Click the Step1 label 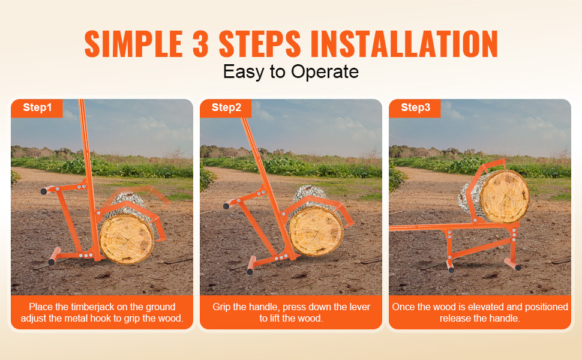pyautogui.click(x=37, y=107)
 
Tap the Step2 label pyautogui.click(x=226, y=107)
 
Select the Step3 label pyautogui.click(x=415, y=107)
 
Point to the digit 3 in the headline pyautogui.click(x=201, y=44)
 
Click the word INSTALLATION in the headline pyautogui.click(x=404, y=44)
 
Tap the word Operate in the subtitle pyautogui.click(x=325, y=72)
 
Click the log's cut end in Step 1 pyautogui.click(x=127, y=239)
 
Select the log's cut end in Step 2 pyautogui.click(x=316, y=231)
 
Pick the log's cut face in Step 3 pyautogui.click(x=504, y=196)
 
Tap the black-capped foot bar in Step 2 pyautogui.click(x=251, y=265)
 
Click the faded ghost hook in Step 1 pyautogui.click(x=141, y=197)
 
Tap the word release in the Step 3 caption pyautogui.click(x=454, y=319)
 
